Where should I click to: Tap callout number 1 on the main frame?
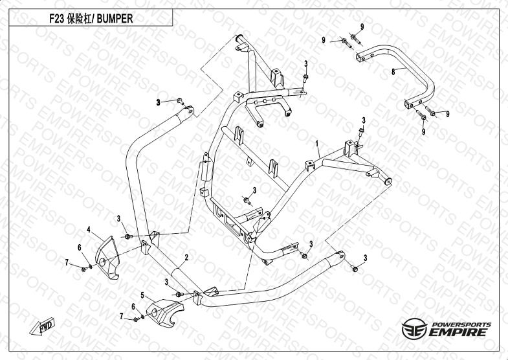pos(317,142)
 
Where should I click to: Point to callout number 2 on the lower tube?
pos(186,257)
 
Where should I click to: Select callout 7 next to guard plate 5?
pos(121,316)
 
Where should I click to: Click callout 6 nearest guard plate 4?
pos(80,247)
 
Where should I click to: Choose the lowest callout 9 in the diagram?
pos(424,131)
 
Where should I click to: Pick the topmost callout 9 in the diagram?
pos(362,26)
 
